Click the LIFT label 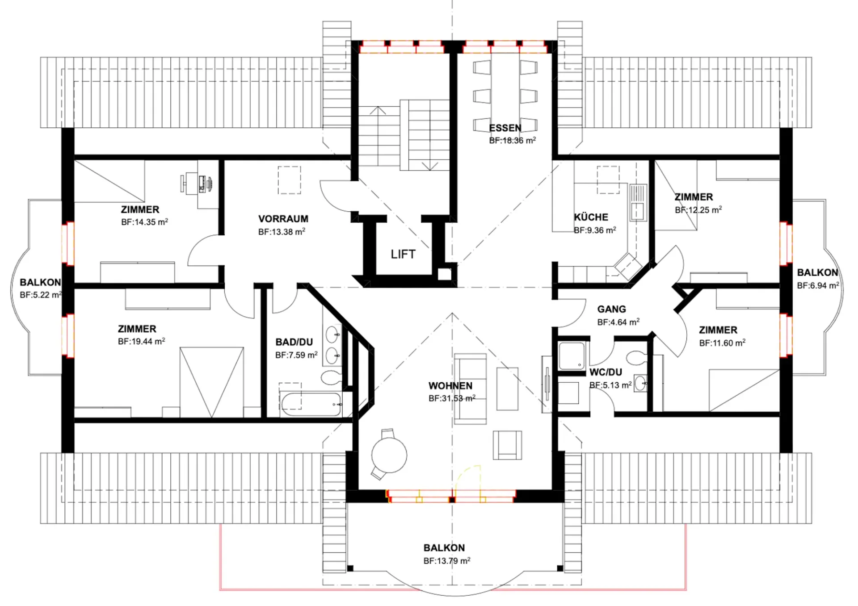pos(403,254)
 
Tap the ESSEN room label pos(505,128)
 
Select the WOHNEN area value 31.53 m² pos(452,398)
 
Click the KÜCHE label pos(591,217)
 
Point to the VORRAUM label pos(283,219)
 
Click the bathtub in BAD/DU pos(311,404)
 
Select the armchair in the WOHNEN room pos(507,445)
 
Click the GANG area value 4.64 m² pos(618,322)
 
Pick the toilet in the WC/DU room pos(635,358)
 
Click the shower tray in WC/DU pos(572,356)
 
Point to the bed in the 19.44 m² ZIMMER pos(212,382)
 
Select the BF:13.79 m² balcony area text pos(447,560)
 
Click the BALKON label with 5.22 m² pos(40,282)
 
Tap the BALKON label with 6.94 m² pos(817,272)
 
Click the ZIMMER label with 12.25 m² pos(694,197)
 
